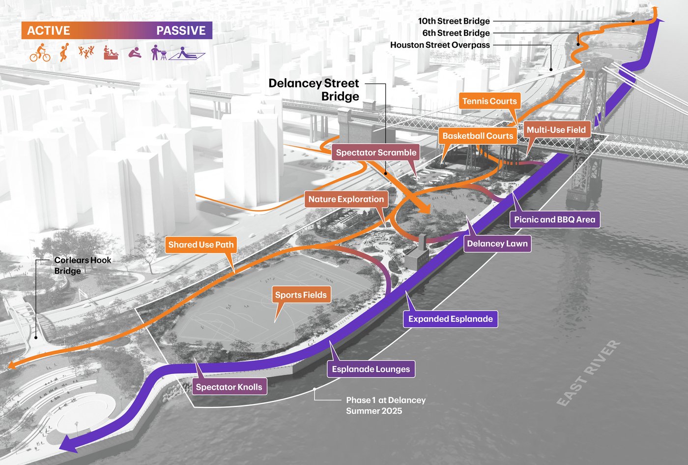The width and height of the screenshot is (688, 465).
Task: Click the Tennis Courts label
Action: click(x=489, y=101)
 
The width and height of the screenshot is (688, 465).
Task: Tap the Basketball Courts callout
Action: click(x=478, y=136)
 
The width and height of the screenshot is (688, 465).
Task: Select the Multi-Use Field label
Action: click(x=556, y=129)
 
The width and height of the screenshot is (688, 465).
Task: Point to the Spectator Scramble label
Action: click(x=376, y=152)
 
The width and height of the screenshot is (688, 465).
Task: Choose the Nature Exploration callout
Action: click(x=346, y=199)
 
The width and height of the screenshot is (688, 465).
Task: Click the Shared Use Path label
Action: click(x=201, y=245)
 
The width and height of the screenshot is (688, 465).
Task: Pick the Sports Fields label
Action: click(x=301, y=295)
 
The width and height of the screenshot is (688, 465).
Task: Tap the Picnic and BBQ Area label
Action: click(x=555, y=219)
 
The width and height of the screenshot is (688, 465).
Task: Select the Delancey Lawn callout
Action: click(x=497, y=244)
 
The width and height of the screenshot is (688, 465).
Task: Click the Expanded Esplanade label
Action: click(x=451, y=319)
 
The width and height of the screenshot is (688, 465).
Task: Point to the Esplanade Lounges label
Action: click(x=371, y=369)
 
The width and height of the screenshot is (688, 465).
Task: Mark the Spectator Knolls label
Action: click(x=229, y=387)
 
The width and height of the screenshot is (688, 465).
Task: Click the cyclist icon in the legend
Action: click(x=40, y=53)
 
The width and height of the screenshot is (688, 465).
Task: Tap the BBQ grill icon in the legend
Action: click(x=159, y=53)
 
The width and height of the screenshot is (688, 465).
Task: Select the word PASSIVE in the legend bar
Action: click(x=181, y=31)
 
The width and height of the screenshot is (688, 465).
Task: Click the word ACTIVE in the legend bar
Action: click(x=49, y=31)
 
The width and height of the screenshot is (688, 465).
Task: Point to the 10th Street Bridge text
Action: click(x=454, y=21)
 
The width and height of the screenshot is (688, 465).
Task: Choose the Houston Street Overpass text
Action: click(x=440, y=45)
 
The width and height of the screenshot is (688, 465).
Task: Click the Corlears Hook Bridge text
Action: click(x=83, y=265)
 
